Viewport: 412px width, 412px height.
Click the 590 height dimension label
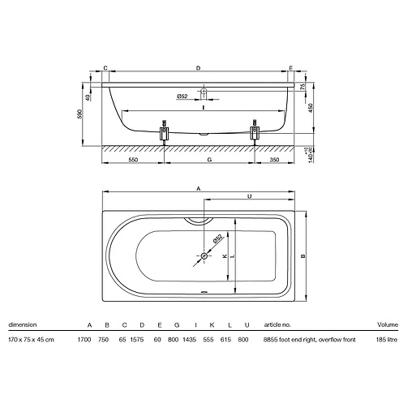pos(79,114)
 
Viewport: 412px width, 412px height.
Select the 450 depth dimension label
pos(311,108)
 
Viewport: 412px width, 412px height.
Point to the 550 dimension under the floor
pos(133,160)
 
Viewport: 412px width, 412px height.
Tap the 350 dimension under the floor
pos(274,160)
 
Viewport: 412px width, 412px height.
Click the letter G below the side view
pos(209,160)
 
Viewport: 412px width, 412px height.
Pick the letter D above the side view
pos(198,68)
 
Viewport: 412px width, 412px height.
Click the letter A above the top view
pos(199,188)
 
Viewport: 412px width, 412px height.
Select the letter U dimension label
pos(249,196)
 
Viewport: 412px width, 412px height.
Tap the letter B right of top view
pos(303,255)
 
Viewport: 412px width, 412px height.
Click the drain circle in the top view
pos(204,255)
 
